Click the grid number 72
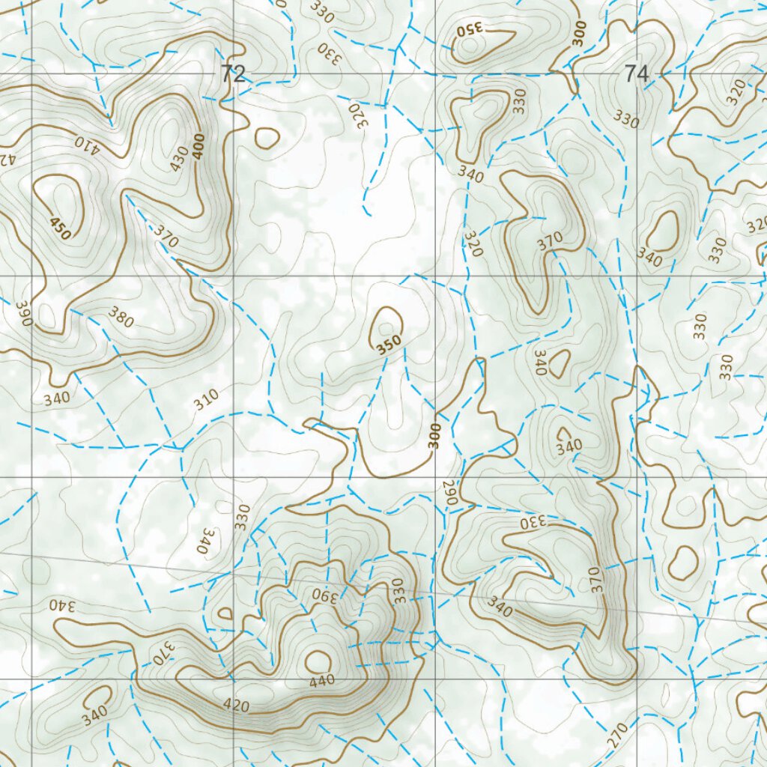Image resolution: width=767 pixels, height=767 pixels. click(x=233, y=73)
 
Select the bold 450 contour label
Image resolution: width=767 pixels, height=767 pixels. click(x=60, y=228)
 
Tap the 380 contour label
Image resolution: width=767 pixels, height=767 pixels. click(x=120, y=318)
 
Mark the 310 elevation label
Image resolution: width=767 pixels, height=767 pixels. click(x=206, y=401)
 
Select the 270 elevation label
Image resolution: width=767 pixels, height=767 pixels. click(x=617, y=736)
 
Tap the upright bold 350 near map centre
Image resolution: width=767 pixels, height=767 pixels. click(x=389, y=344)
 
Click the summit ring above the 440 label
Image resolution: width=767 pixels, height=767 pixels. click(x=318, y=661)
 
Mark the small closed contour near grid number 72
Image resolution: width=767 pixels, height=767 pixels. click(x=267, y=137)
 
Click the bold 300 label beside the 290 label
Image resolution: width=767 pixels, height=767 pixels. click(x=434, y=436)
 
